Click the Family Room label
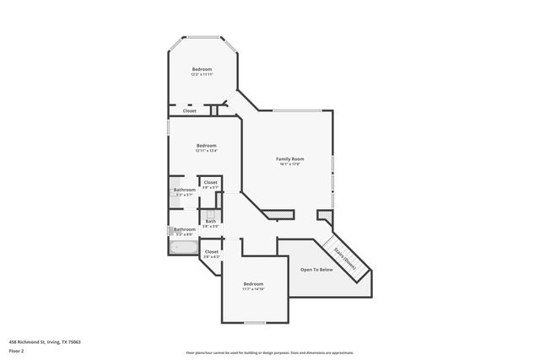coord(289,159)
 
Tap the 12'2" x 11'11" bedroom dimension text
coord(202,75)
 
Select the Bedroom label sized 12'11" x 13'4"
coord(207,145)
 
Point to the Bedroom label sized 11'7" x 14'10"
coord(254,283)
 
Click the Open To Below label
coord(316,269)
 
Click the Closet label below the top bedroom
coord(190,110)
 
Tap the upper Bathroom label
coord(185,190)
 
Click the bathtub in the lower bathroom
coord(183,248)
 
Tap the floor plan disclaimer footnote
coord(269,353)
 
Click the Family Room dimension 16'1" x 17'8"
coord(289,164)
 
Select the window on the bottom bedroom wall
coord(255,322)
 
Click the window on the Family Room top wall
coord(295,110)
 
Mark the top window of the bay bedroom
coord(202,36)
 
